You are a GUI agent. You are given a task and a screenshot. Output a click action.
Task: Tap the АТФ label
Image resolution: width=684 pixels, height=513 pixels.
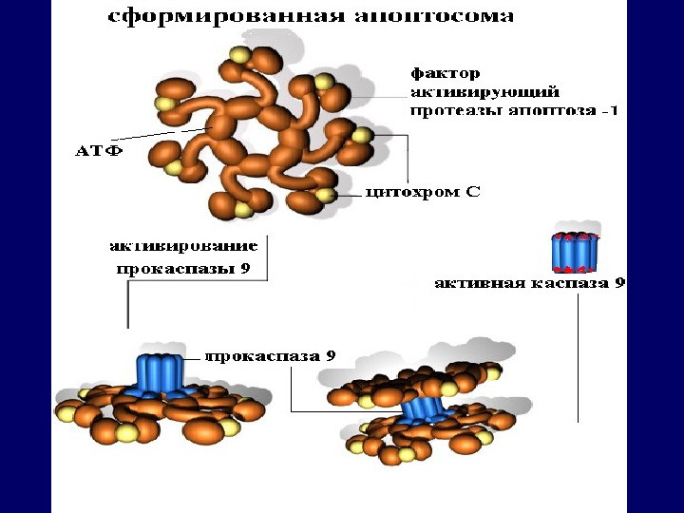[98, 152]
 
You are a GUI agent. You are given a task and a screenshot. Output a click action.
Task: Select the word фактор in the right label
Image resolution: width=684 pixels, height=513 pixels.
[445, 72]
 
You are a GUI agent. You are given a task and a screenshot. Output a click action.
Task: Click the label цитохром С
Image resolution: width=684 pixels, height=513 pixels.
[424, 192]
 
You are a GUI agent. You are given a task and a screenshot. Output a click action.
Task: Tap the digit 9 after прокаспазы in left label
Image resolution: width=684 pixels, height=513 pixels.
[244, 269]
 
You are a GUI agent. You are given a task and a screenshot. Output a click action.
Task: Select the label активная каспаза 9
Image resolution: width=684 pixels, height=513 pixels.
[529, 282]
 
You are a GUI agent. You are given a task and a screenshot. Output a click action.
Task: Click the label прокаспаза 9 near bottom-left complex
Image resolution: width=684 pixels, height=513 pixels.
[271, 356]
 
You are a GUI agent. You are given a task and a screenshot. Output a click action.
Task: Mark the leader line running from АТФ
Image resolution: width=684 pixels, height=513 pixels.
[161, 139]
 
